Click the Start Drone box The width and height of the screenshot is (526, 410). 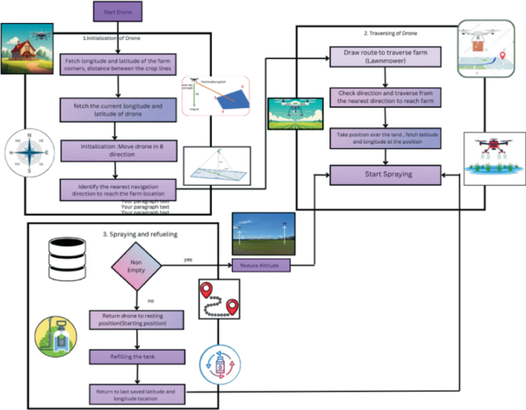[117, 12]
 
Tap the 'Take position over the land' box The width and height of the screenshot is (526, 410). [382, 139]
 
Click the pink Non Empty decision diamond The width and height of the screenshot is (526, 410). [136, 266]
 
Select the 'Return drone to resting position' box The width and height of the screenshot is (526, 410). [136, 319]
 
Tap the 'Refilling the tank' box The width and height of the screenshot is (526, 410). [136, 355]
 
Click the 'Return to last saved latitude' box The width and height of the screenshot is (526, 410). [136, 395]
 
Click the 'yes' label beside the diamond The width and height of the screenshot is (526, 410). [187, 260]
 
